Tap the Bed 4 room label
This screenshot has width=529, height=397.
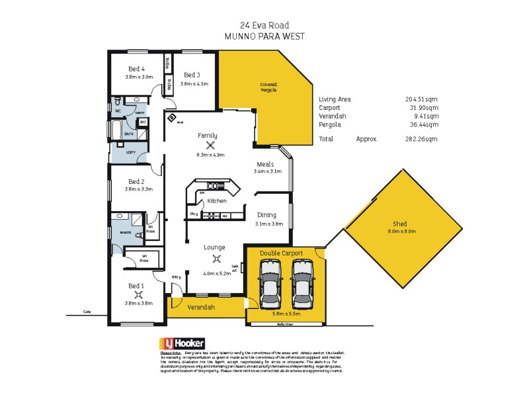coord(138,69)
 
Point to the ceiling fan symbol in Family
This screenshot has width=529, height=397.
coord(211,146)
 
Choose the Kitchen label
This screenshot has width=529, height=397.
coord(217,200)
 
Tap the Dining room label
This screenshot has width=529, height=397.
coord(268,215)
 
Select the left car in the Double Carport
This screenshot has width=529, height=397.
coord(270,283)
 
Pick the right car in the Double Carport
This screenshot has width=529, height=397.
coord(301,283)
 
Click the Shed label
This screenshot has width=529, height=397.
coord(400,224)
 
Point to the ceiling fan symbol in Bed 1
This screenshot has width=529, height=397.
coord(138,294)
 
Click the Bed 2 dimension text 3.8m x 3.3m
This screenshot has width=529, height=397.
coord(138,189)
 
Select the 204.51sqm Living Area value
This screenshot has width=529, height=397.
coord(421,99)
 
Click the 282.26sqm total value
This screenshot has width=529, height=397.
coord(421,140)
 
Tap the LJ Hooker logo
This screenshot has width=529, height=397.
coord(183,344)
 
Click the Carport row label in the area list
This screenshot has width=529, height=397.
coord(329,107)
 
